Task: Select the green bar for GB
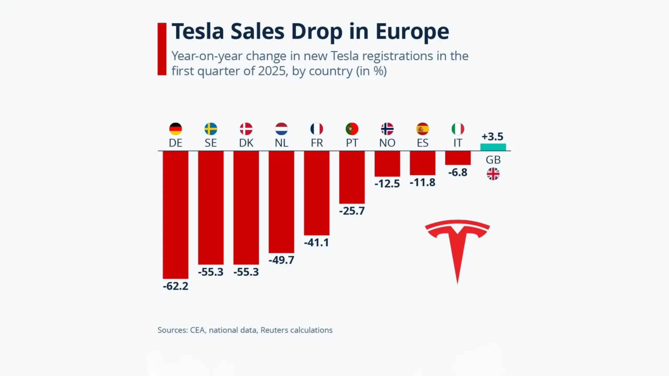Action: pyautogui.click(x=493, y=147)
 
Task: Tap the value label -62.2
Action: pyautogui.click(x=175, y=286)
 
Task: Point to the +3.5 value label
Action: pyautogui.click(x=492, y=137)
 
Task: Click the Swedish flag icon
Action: pyautogui.click(x=211, y=129)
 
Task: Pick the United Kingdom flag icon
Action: pyautogui.click(x=493, y=174)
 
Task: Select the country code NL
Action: pyautogui.click(x=281, y=143)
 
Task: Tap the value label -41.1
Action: pyautogui.click(x=316, y=243)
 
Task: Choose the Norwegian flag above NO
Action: pyautogui.click(x=387, y=129)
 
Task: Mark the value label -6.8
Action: pyautogui.click(x=458, y=173)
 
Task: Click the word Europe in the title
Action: pyautogui.click(x=412, y=32)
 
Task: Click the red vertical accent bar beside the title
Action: pyautogui.click(x=162, y=49)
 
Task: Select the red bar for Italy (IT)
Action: pyautogui.click(x=458, y=158)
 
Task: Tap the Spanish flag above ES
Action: pyautogui.click(x=422, y=129)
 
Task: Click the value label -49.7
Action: pyautogui.click(x=281, y=260)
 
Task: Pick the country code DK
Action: pyautogui.click(x=246, y=143)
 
